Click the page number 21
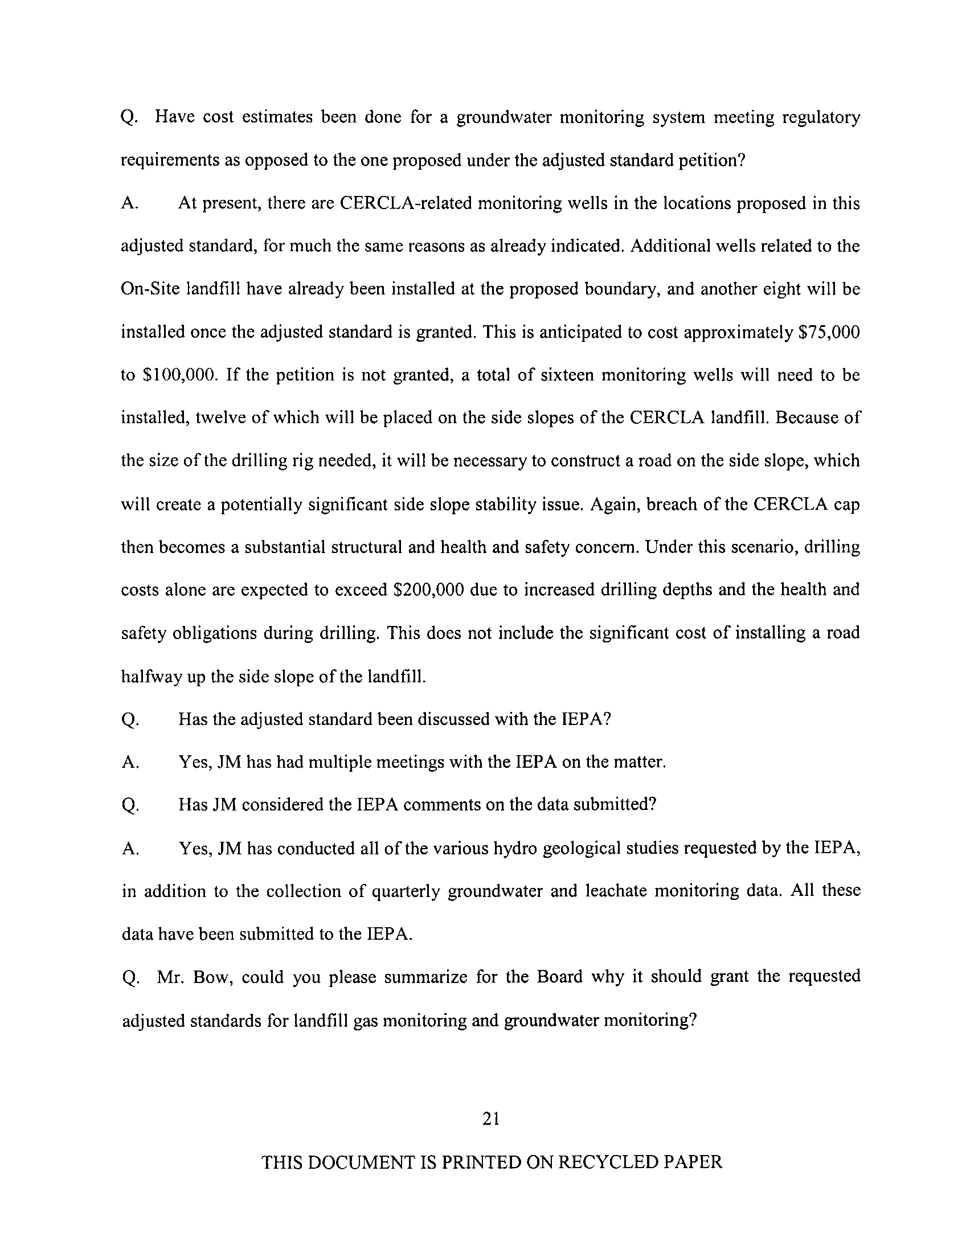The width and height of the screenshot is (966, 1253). pyautogui.click(x=491, y=1118)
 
